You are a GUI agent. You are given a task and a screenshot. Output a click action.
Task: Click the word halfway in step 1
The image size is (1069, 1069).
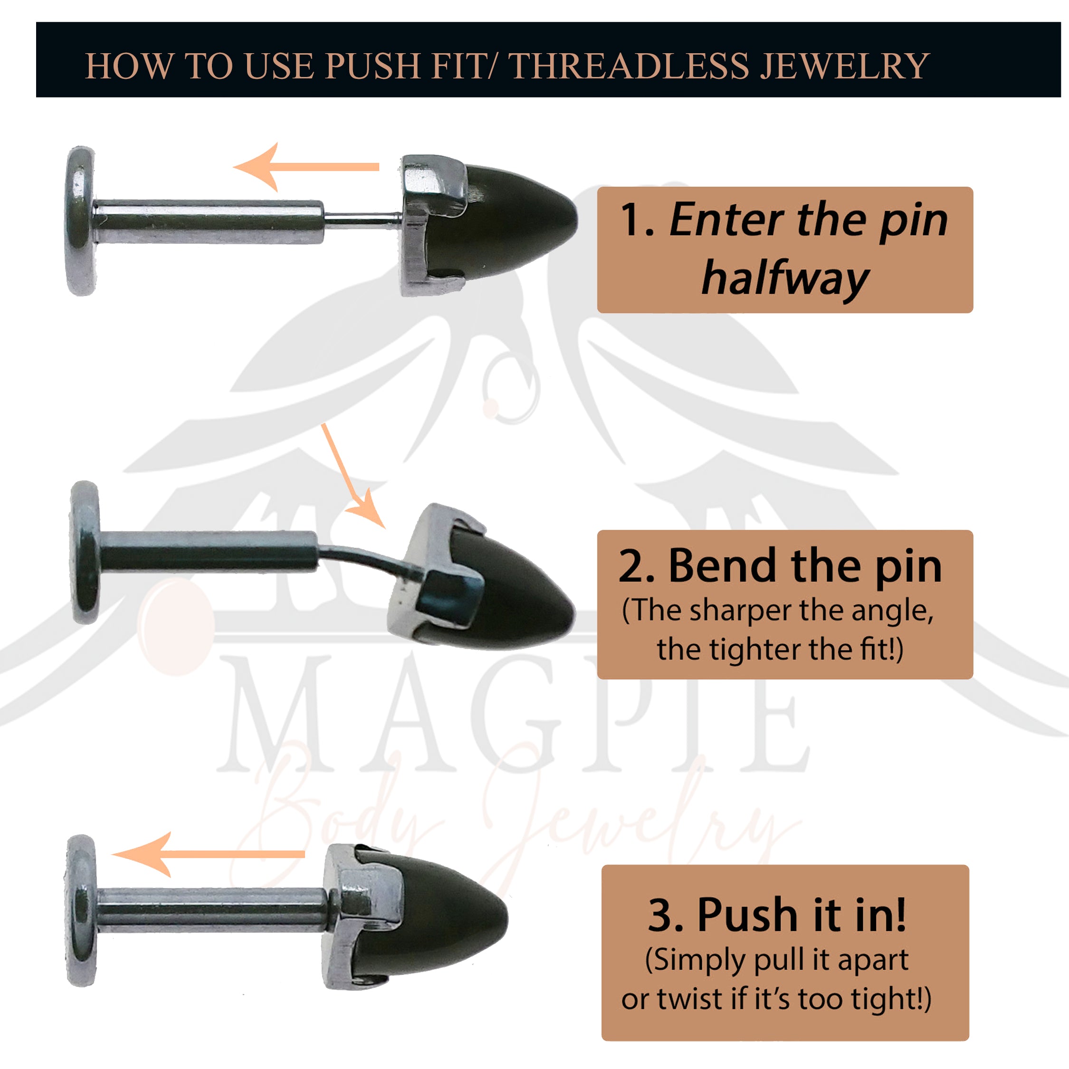785,279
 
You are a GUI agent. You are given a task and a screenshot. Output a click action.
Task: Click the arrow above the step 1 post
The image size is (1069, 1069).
306,167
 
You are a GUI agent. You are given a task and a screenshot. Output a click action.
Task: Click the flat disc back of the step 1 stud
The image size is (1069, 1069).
81,221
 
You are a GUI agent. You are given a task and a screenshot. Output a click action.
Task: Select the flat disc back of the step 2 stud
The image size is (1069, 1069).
85,553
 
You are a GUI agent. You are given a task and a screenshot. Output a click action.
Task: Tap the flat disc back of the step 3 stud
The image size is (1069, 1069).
81,911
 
